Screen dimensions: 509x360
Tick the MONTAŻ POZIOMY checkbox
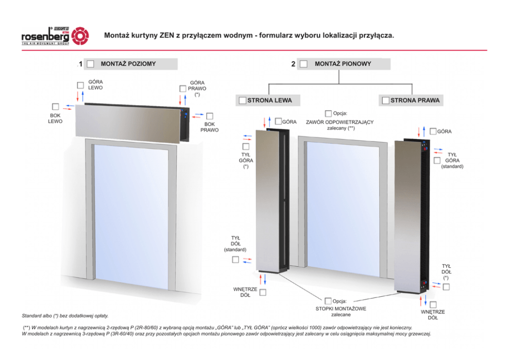(91, 64)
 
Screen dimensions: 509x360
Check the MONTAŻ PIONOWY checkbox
(304, 64)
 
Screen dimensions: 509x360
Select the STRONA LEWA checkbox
(243, 101)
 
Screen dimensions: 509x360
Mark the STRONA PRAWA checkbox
(386, 101)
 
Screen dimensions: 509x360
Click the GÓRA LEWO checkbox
(81, 85)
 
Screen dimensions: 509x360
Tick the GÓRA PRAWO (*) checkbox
(183, 89)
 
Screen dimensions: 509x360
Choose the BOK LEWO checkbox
(55, 107)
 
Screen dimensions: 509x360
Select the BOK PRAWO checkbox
(210, 116)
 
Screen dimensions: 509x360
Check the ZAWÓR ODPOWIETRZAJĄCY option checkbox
(328, 113)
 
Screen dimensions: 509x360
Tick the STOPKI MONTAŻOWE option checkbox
(328, 301)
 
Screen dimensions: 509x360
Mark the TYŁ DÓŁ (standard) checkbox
(236, 259)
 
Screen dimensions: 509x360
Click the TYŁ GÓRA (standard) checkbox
(437, 161)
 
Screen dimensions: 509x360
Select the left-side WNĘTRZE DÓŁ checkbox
(263, 292)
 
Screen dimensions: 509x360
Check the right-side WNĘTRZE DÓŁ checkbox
(433, 305)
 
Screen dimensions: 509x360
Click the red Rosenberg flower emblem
(80, 36)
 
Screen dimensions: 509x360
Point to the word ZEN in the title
(167, 35)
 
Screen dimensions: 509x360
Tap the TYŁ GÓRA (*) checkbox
(246, 147)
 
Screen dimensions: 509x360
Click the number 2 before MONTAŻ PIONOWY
(293, 64)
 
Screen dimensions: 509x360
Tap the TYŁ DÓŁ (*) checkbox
(446, 287)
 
